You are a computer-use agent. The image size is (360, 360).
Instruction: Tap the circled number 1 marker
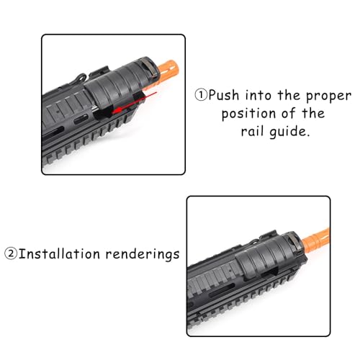[199, 94]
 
